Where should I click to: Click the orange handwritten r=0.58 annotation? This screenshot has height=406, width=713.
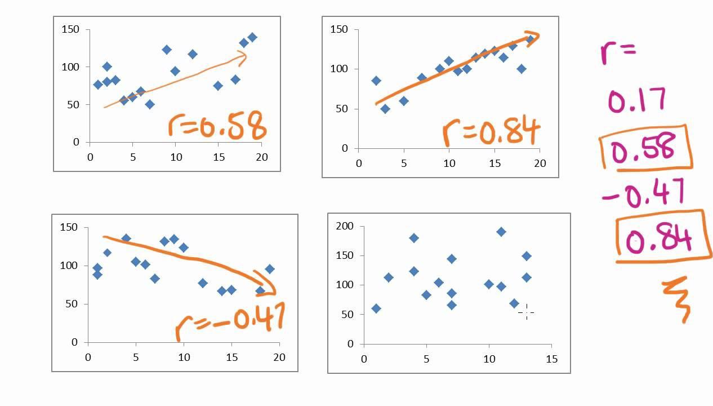[217, 127]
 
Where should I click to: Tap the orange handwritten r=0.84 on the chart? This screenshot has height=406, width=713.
[491, 131]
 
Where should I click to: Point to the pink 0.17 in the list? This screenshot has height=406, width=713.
[637, 100]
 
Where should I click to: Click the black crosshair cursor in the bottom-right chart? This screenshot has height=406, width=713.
[526, 312]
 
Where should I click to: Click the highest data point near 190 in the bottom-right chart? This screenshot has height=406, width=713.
[501, 232]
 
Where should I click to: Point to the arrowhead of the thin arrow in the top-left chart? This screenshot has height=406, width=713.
[243, 55]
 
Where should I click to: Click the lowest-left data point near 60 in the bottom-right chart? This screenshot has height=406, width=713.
[376, 308]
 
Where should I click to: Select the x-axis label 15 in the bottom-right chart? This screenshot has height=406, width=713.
[551, 359]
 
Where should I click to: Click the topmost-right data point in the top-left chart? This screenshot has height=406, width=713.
[252, 37]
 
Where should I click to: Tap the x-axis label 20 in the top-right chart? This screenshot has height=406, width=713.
[540, 164]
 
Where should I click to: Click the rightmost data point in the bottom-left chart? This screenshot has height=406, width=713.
[270, 269]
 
